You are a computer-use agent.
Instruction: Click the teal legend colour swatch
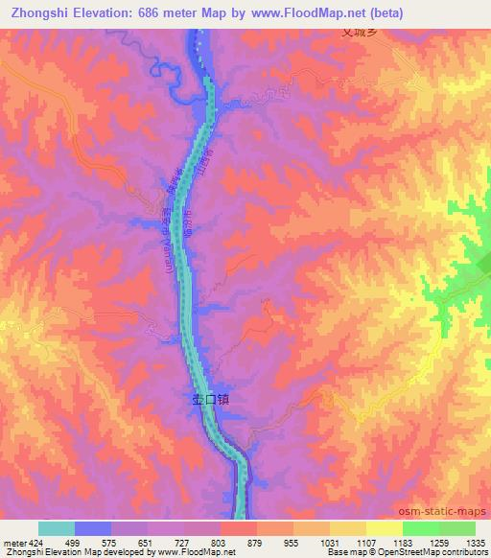tap(57, 528)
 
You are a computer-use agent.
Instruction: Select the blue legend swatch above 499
tap(93, 528)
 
